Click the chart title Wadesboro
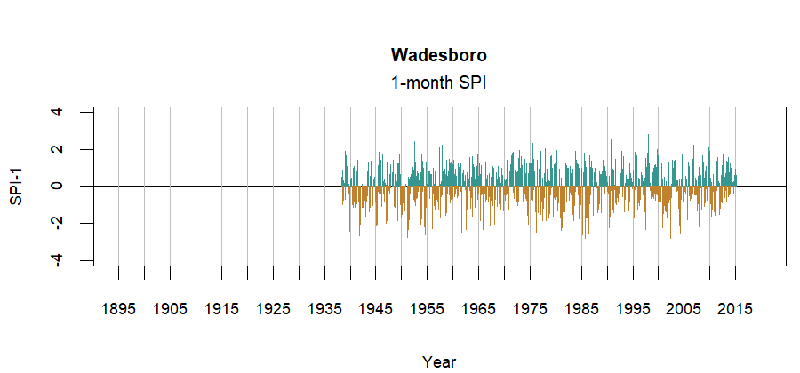[x=439, y=55]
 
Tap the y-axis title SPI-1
[x=16, y=186]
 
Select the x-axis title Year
[x=439, y=361]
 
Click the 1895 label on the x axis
[x=118, y=309]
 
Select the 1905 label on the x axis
[x=170, y=309]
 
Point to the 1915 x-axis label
[x=221, y=309]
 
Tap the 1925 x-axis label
[x=273, y=309]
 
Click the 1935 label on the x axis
[x=324, y=309]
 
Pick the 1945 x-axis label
[x=375, y=309]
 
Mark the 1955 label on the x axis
[x=427, y=309]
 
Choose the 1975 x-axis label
[x=530, y=309]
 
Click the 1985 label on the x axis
[x=581, y=309]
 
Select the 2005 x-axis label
[x=684, y=309]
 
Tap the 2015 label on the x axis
[x=735, y=309]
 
